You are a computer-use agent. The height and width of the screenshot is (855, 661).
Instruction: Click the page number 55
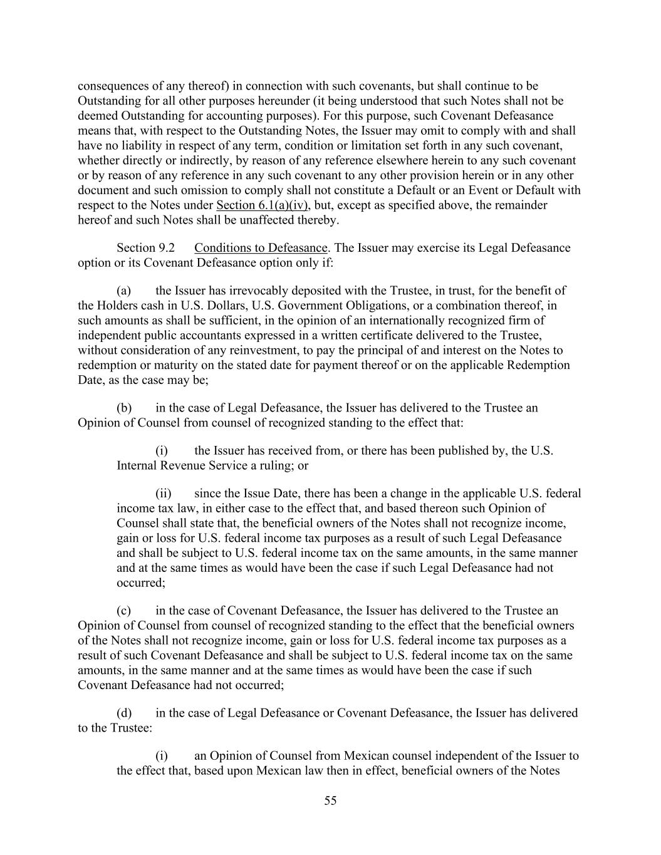pos(330,801)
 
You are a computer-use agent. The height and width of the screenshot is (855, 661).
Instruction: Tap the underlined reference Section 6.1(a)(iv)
pos(263,205)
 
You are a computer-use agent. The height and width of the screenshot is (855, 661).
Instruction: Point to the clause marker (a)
pos(123,290)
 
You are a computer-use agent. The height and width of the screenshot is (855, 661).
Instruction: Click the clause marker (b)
pos(124,408)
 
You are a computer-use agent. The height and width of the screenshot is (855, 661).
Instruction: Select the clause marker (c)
pos(123,610)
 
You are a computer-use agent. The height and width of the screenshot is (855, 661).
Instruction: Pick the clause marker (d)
pos(124,713)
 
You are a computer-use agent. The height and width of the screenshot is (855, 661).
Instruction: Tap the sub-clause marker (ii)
pos(164,493)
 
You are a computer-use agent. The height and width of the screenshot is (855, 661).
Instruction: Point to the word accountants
pos(233,335)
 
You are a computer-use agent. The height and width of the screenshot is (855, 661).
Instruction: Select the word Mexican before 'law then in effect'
pos(278,770)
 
